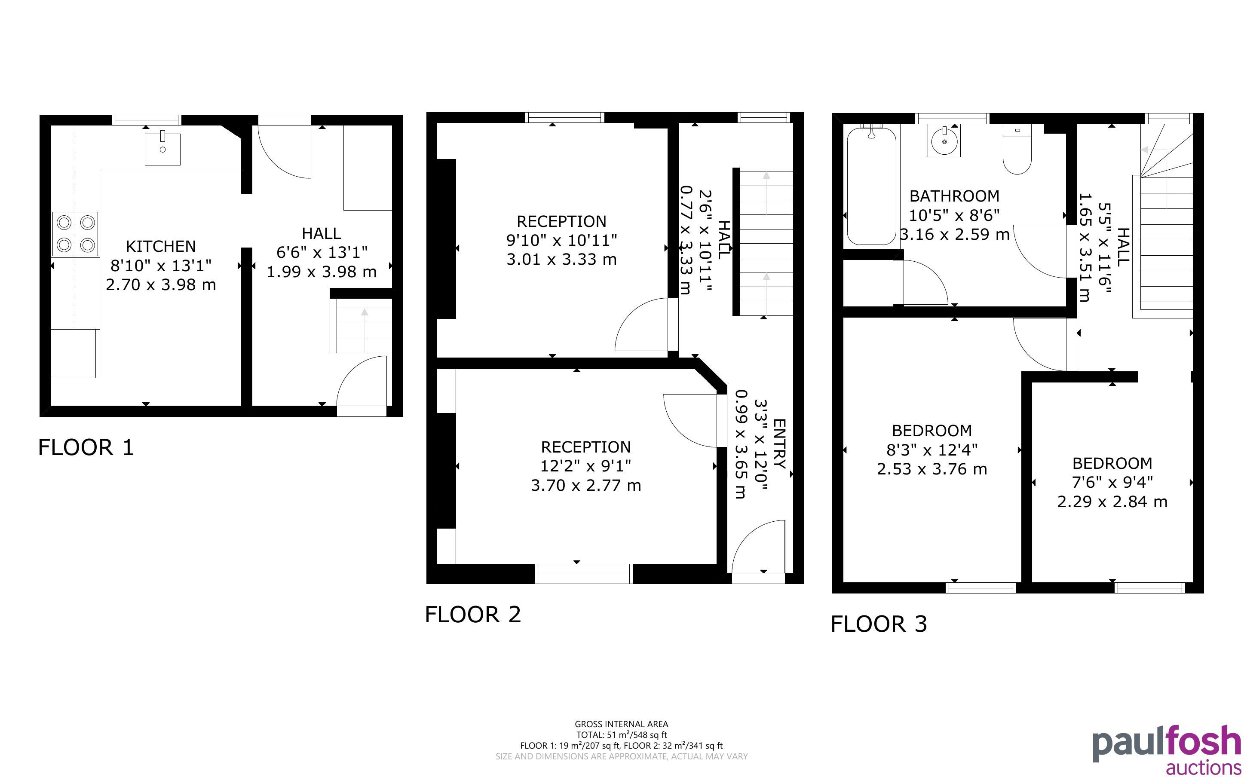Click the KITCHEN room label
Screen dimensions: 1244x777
[x=161, y=247]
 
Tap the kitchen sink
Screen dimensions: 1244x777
[x=162, y=149]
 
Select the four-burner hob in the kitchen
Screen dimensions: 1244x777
[x=75, y=233]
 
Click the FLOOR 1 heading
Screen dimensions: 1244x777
[x=86, y=448]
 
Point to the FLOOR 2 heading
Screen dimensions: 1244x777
[x=473, y=615]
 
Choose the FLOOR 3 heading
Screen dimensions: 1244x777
[x=879, y=624]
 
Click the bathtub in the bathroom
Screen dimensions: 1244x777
[x=871, y=186]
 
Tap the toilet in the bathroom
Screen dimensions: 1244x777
[x=1017, y=150]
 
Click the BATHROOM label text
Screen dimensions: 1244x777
[x=955, y=196]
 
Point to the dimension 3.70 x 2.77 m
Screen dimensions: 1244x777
[x=586, y=486]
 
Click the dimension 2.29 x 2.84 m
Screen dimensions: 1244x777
[x=1112, y=502]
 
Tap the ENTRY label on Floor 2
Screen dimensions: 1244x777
[x=779, y=444]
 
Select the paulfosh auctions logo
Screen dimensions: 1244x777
[x=1167, y=749]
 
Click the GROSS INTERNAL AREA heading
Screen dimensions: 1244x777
[x=622, y=725]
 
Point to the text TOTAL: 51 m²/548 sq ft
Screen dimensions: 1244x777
[x=622, y=735]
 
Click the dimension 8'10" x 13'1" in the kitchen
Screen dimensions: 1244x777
[x=161, y=266]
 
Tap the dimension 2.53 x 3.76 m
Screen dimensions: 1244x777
[x=932, y=469]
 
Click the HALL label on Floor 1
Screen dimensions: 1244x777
[x=322, y=234]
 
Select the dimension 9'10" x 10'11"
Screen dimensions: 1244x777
[x=562, y=240]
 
